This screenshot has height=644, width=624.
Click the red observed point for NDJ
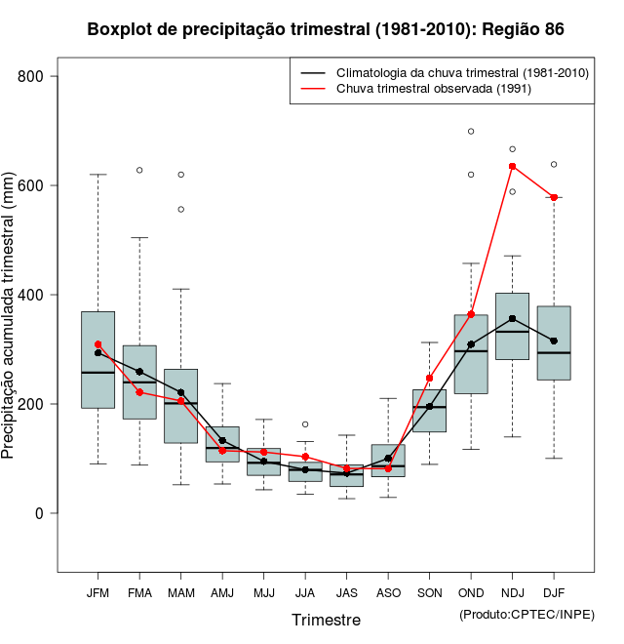513,166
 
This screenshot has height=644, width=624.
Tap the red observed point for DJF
554,197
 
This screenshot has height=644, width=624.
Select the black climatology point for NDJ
513,319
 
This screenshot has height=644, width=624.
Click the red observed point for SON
430,378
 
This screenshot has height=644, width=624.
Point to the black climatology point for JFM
98,353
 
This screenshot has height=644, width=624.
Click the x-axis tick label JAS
347,592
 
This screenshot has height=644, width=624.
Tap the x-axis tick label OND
471,592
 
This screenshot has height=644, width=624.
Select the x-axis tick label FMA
139,592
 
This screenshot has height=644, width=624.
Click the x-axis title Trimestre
326,620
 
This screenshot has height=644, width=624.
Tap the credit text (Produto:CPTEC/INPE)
526,614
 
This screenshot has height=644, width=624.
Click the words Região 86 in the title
521,29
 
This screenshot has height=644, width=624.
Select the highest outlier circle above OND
471,131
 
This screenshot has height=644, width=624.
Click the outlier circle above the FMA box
139,170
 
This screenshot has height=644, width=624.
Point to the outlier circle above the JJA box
305,424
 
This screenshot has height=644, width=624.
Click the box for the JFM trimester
98,359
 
